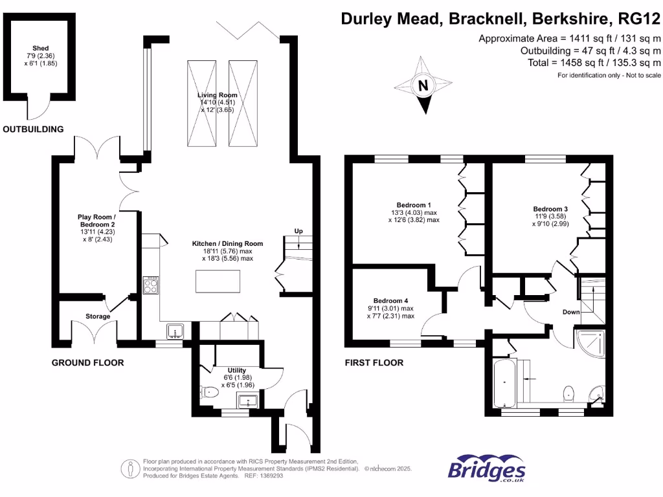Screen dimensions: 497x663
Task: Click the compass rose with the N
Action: coord(423,85)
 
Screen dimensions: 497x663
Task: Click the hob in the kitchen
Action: coord(151,285)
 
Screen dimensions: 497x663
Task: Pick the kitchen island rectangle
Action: coord(218,282)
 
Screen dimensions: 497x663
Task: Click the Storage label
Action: coord(98,316)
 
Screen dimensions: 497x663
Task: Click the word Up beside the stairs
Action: coord(298,231)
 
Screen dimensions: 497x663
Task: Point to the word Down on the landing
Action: coord(571,312)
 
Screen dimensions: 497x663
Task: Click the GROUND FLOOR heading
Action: coord(87,362)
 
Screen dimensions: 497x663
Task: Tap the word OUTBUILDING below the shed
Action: coord(33,129)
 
